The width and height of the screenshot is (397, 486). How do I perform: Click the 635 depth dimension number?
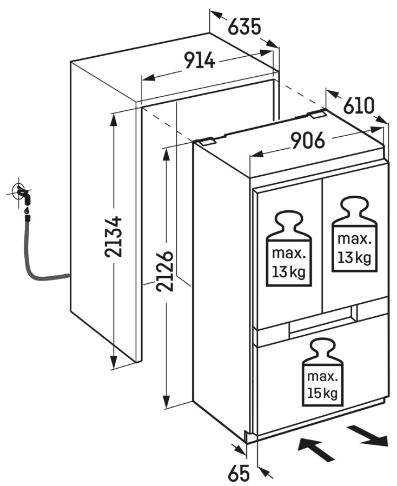[244, 26]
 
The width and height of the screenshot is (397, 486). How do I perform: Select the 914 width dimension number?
[200, 60]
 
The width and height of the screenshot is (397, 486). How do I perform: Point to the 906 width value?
[308, 141]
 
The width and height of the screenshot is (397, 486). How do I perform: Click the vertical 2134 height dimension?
[113, 237]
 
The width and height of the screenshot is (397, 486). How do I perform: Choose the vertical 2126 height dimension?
[164, 271]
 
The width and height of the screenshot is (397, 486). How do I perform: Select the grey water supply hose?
[41, 254]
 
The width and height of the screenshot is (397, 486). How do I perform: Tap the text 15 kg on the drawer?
[322, 394]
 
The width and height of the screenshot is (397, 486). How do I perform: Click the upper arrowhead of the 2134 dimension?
[114, 119]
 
